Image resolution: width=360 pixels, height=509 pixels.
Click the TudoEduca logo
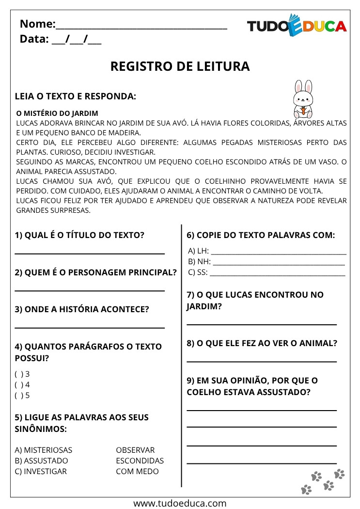[x=297, y=26]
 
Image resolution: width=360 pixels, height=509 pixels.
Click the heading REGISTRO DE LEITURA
[x=180, y=66]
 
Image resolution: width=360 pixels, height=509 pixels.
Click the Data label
[x=34, y=39]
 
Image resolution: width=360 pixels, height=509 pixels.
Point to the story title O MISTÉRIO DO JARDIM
[x=57, y=113]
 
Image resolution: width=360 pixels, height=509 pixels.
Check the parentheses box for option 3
[x=18, y=374]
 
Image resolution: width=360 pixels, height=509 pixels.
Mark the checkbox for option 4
[x=18, y=384]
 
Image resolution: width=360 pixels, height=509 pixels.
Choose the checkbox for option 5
[x=18, y=395]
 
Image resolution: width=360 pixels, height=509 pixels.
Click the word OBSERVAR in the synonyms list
[x=135, y=450]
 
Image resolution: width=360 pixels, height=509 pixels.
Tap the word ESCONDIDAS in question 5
[x=140, y=461]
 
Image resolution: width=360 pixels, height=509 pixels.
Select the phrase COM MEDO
[x=137, y=471]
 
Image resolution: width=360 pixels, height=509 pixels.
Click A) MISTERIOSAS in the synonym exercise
[x=44, y=450]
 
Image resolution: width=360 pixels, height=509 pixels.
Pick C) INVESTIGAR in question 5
[x=41, y=471]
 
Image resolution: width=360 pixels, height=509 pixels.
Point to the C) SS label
[x=198, y=272]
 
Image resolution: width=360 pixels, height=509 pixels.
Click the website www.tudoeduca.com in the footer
[x=180, y=503]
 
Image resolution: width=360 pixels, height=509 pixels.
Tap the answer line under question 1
[x=90, y=253]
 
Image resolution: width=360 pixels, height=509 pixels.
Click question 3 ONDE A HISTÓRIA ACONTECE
[x=82, y=309]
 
